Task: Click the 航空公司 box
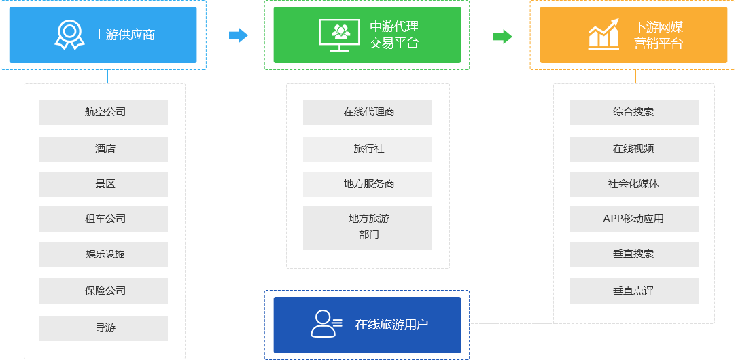coord(103,112)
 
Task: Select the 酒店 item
coord(103,148)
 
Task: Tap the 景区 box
coord(103,184)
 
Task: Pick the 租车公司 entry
coord(103,219)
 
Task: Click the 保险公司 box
coord(103,291)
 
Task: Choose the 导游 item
coord(103,327)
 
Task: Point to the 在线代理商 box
coord(367,112)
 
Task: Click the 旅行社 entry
coord(367,148)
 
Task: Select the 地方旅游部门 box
coord(367,227)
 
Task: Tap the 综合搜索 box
coord(633,112)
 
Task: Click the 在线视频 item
coord(633,148)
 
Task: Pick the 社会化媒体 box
coord(633,184)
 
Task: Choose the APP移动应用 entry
coord(633,219)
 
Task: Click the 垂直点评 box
coord(633,291)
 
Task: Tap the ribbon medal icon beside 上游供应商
coord(69,35)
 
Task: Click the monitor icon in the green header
coord(339,35)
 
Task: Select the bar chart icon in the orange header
coord(604,35)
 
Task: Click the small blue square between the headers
coord(239,35)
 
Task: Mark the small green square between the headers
coord(503,36)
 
